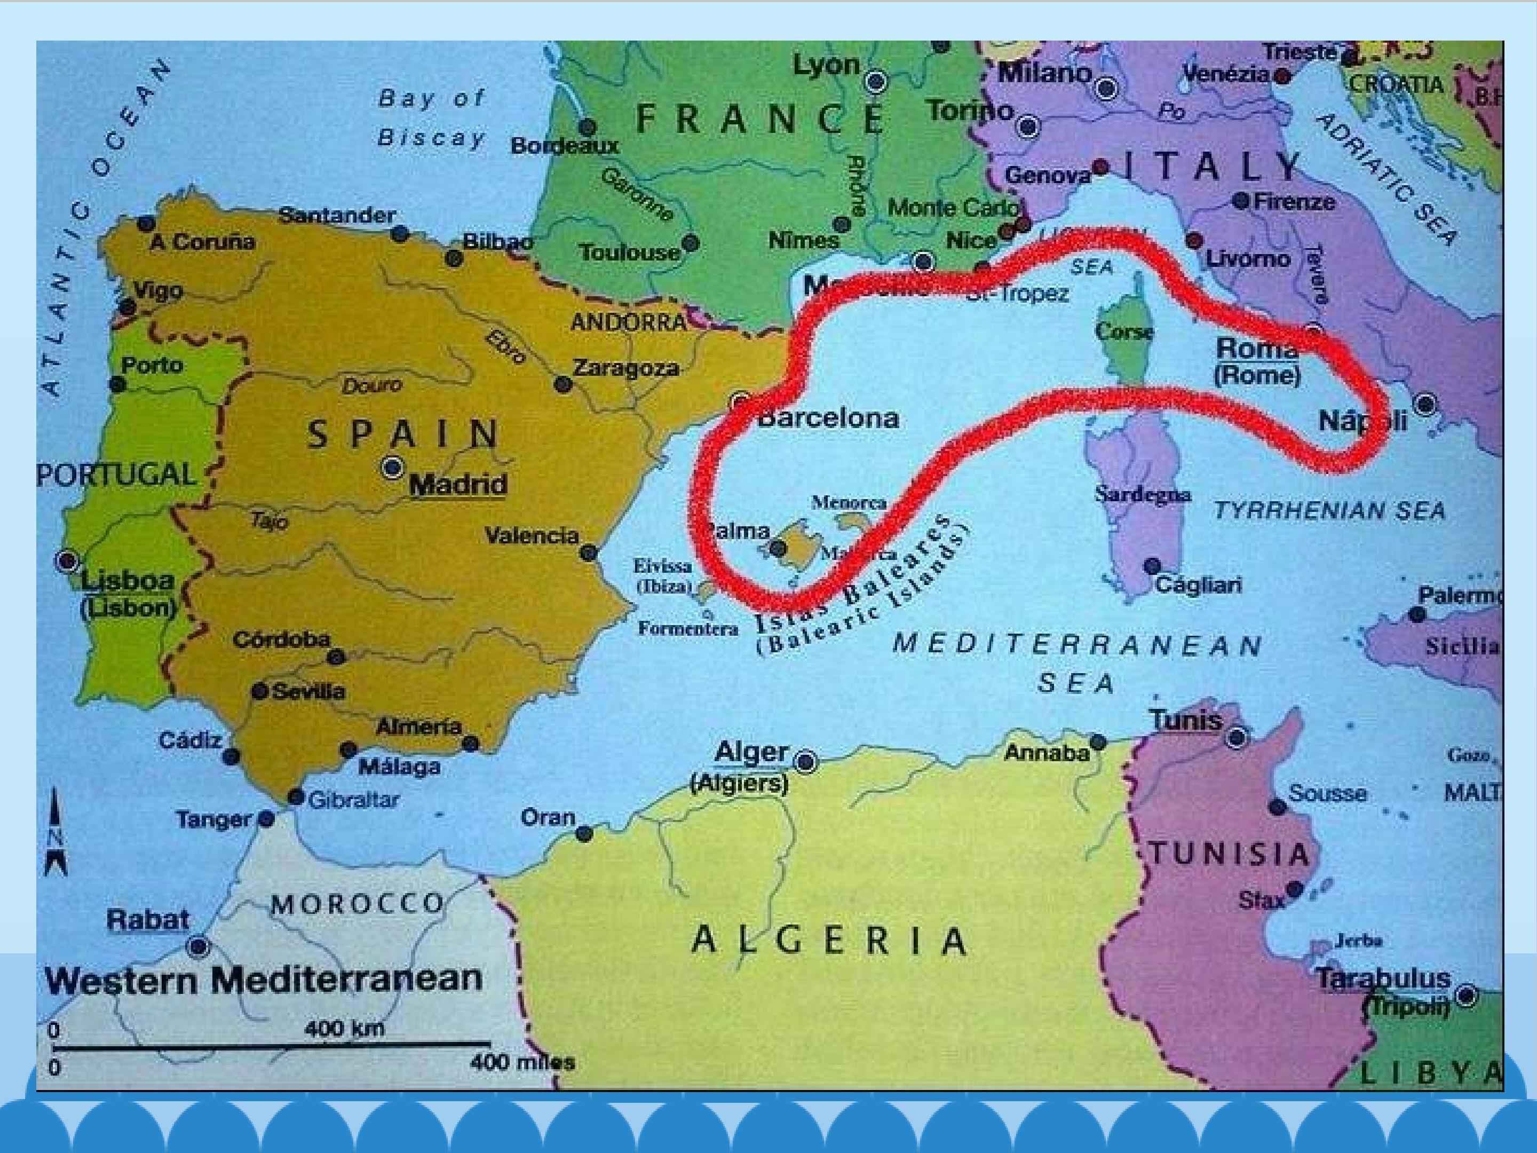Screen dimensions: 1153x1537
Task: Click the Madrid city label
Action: pos(458,484)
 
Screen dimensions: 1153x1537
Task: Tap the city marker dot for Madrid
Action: pos(393,467)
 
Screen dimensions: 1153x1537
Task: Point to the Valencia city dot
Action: pos(589,553)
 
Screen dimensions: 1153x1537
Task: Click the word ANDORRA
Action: pos(628,322)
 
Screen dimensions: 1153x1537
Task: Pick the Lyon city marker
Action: pos(876,81)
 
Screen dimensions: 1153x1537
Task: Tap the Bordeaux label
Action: pos(564,146)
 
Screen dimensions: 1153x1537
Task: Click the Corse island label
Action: pos(1123,331)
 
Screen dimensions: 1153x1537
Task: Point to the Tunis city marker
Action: pos(1236,737)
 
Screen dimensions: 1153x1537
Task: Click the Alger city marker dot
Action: pos(806,762)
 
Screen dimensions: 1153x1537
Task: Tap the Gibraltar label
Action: pos(353,801)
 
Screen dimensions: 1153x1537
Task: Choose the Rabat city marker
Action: pos(199,946)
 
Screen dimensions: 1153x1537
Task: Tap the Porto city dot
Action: pos(118,384)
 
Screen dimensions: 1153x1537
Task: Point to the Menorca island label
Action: pos(849,502)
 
